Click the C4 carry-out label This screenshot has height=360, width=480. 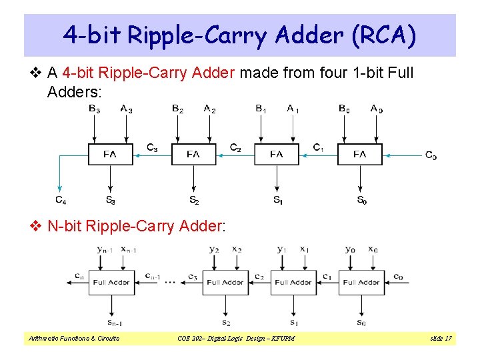pos(60,199)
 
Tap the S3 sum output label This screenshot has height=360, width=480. pos(110,199)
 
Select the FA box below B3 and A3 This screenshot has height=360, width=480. pos(110,155)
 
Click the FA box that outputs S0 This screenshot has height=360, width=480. pos(359,155)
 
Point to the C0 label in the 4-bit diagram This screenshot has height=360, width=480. pos(431,155)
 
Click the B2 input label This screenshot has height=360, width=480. pos(177,108)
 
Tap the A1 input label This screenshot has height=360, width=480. pos(293,108)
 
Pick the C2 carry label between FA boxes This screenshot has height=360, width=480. pos(235,147)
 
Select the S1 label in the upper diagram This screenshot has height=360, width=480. pos(277,199)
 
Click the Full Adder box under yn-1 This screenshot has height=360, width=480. pos(111,282)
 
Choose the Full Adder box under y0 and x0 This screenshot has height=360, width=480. pos(361,282)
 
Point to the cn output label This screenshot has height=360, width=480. pos(79,276)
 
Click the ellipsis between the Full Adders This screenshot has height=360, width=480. pos(169,283)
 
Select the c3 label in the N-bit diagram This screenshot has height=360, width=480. pos(193,277)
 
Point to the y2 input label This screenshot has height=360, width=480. pos(213,249)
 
